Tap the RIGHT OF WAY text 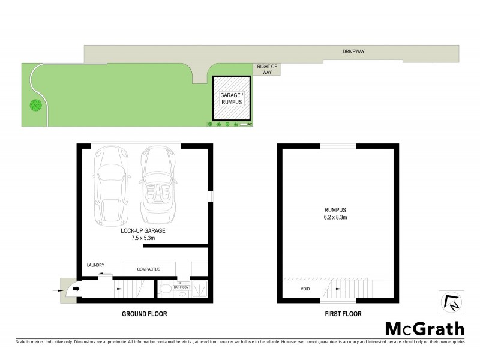coord(264,69)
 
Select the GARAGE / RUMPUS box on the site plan coord(231,98)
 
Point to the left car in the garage coord(110,184)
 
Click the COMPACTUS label coord(148,269)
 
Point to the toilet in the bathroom coord(165,290)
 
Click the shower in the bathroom coord(200,290)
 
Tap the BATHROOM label coord(181,287)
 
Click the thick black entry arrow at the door coord(76,289)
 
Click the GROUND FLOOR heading coord(144,314)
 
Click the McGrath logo coord(424,328)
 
